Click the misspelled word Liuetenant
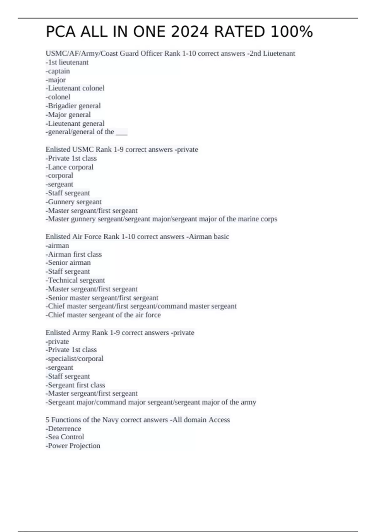279,54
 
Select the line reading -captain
58,71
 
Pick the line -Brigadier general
73,106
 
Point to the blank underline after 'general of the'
122,132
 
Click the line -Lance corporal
70,167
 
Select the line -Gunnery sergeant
74,202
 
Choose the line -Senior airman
68,263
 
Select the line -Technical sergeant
75,280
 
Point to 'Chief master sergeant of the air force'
103,315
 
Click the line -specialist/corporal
75,359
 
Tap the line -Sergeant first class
75,385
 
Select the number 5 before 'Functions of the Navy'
48,420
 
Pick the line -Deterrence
63,429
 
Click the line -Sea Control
65,437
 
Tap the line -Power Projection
73,446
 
